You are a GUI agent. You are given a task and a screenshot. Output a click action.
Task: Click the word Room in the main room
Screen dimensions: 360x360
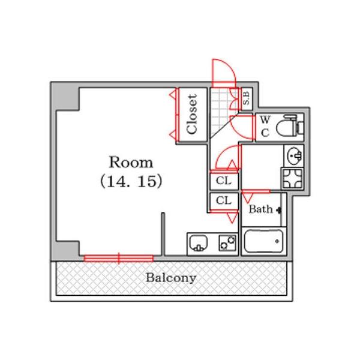tap(131, 163)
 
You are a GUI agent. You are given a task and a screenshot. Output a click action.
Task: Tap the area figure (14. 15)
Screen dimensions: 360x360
tap(131, 181)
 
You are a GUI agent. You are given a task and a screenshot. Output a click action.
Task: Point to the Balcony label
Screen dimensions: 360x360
tap(171, 278)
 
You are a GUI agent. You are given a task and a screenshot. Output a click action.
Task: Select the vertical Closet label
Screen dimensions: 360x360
tap(192, 114)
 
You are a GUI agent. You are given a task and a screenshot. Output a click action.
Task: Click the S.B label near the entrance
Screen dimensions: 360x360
tap(246, 98)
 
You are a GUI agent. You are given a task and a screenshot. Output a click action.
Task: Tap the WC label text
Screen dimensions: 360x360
tap(265, 126)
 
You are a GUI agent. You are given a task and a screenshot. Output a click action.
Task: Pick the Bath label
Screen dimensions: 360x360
tap(261, 209)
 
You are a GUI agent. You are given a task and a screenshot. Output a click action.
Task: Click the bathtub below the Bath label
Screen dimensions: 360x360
tap(264, 241)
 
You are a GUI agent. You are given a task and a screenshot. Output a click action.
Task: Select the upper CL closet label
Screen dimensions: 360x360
tap(224, 181)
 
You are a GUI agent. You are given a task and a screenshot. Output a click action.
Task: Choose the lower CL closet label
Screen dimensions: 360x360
tap(224, 200)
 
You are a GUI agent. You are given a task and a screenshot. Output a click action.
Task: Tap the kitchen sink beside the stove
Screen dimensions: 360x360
tap(199, 243)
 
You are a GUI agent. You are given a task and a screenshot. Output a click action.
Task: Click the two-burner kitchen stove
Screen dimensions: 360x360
tap(227, 243)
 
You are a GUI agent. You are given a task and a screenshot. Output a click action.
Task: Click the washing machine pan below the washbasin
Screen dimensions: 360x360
tap(293, 179)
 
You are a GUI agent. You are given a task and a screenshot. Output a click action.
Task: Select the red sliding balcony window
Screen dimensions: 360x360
tap(118, 259)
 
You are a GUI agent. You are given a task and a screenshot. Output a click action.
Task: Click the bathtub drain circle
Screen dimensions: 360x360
tap(277, 241)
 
